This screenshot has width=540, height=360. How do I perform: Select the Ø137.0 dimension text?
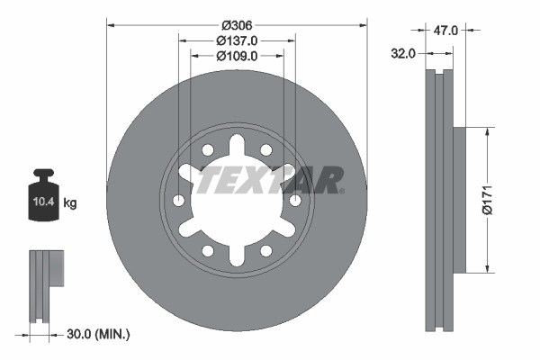tap(238, 40)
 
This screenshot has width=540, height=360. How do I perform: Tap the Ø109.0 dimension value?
tap(238, 55)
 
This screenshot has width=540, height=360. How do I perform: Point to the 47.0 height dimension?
tap(445, 31)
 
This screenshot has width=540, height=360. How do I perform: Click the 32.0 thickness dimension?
tap(403, 53)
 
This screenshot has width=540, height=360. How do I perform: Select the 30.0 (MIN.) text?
tap(98, 334)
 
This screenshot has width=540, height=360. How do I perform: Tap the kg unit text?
tap(69, 203)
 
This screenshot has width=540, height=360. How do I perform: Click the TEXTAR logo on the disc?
tap(270, 180)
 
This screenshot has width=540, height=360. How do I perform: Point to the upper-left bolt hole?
tap(207, 149)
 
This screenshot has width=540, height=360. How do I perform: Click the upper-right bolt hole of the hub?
tap(267, 149)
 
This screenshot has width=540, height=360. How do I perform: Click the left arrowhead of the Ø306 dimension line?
tap(111, 24)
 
